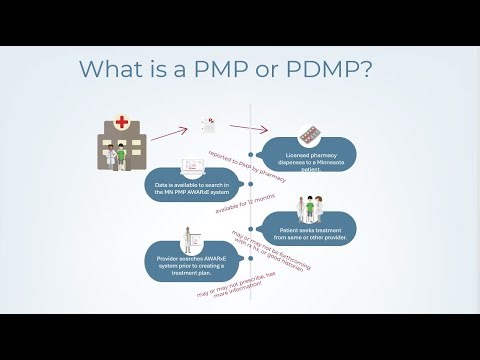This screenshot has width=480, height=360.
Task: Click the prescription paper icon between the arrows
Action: (208, 126)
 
